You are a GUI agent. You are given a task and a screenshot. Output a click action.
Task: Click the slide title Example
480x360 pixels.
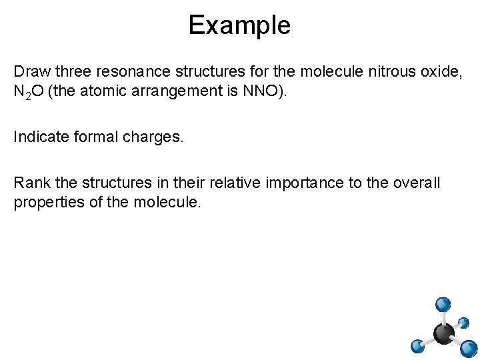pos(239,25)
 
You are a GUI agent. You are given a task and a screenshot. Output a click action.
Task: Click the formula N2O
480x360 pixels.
pos(29,92)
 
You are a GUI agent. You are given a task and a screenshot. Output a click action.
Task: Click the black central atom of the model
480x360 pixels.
pos(443,333)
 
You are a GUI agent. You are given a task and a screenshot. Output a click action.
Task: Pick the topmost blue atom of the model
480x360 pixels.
pos(442,304)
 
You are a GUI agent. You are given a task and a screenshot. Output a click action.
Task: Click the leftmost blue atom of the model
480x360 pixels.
pos(417,346)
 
